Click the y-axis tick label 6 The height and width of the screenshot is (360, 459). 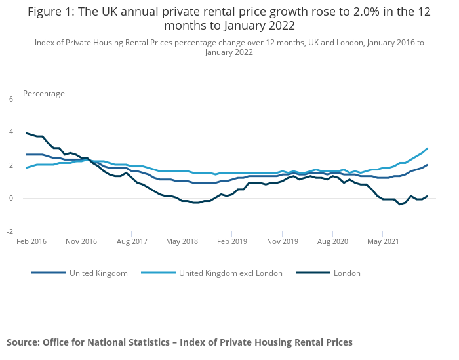coord(10,99)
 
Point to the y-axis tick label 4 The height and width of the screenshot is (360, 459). coord(10,132)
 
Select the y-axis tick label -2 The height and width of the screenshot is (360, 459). coord(9,231)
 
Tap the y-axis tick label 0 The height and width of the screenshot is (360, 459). coord(10,198)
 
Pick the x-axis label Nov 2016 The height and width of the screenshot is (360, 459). coord(81,241)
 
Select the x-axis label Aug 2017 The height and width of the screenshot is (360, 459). coord(131,241)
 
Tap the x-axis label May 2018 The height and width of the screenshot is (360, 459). coord(182,241)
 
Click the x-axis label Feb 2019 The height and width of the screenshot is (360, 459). coord(231,241)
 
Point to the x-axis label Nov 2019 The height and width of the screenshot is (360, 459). coord(282,241)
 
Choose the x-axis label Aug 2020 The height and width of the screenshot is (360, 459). coord(332,241)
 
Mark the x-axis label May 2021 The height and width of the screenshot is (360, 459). coord(383,241)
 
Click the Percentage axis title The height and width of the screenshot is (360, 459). coord(44,94)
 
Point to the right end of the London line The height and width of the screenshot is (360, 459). coord(428,196)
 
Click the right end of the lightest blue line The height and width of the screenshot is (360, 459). coord(428,148)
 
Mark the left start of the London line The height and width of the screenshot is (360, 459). coord(26,133)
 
